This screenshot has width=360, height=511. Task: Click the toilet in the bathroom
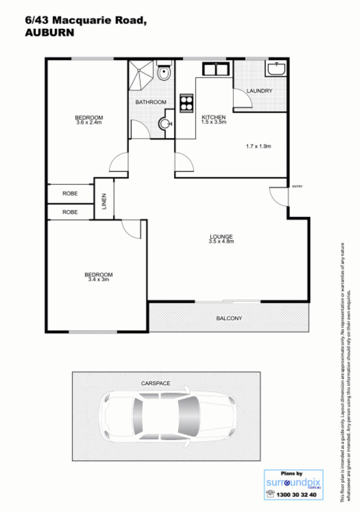coord(164,72)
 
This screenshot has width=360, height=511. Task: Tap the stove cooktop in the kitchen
coord(186,103)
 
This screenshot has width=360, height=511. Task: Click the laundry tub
coord(276,69)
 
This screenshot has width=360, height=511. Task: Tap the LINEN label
coord(104,201)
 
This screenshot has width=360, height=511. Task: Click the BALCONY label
coord(229,318)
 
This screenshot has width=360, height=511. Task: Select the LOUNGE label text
coord(221,236)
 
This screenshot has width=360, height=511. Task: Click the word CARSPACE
coord(156,383)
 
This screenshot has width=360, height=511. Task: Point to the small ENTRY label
coord(297,186)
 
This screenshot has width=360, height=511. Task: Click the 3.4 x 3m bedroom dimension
coord(99,279)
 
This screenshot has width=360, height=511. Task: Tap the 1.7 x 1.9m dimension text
coord(258,146)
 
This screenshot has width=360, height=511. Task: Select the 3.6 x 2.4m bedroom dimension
coord(89,122)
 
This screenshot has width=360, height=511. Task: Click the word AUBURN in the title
coord(49,33)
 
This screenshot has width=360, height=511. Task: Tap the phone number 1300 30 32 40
coord(296,495)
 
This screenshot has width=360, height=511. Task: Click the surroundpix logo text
coord(293,483)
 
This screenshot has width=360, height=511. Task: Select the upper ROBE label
coord(70,194)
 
